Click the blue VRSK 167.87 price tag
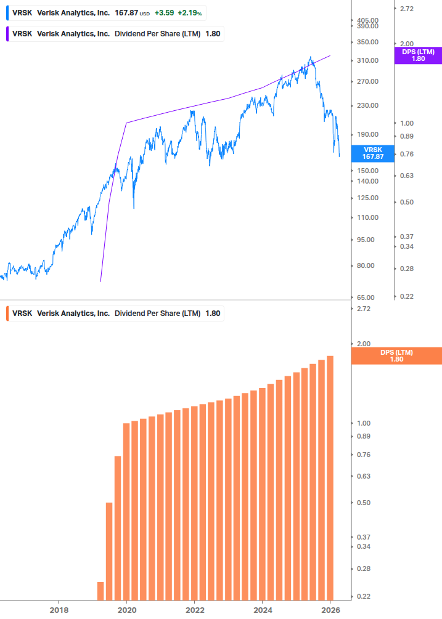coord(373,153)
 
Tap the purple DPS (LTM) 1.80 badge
coord(419,55)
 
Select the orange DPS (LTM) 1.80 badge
coord(396,356)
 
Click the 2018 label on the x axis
coord(59,610)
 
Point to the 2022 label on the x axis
coord(194,610)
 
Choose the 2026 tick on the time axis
coord(330,610)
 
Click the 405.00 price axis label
coord(364,20)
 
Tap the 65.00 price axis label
coord(364,297)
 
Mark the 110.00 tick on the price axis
coord(364,217)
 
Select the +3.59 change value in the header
coord(165,12)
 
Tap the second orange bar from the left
coord(109,551)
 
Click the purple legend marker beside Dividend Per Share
coord(7,33)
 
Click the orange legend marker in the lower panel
coord(7,313)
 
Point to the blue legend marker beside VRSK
coord(7,12)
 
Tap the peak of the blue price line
coord(311,58)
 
